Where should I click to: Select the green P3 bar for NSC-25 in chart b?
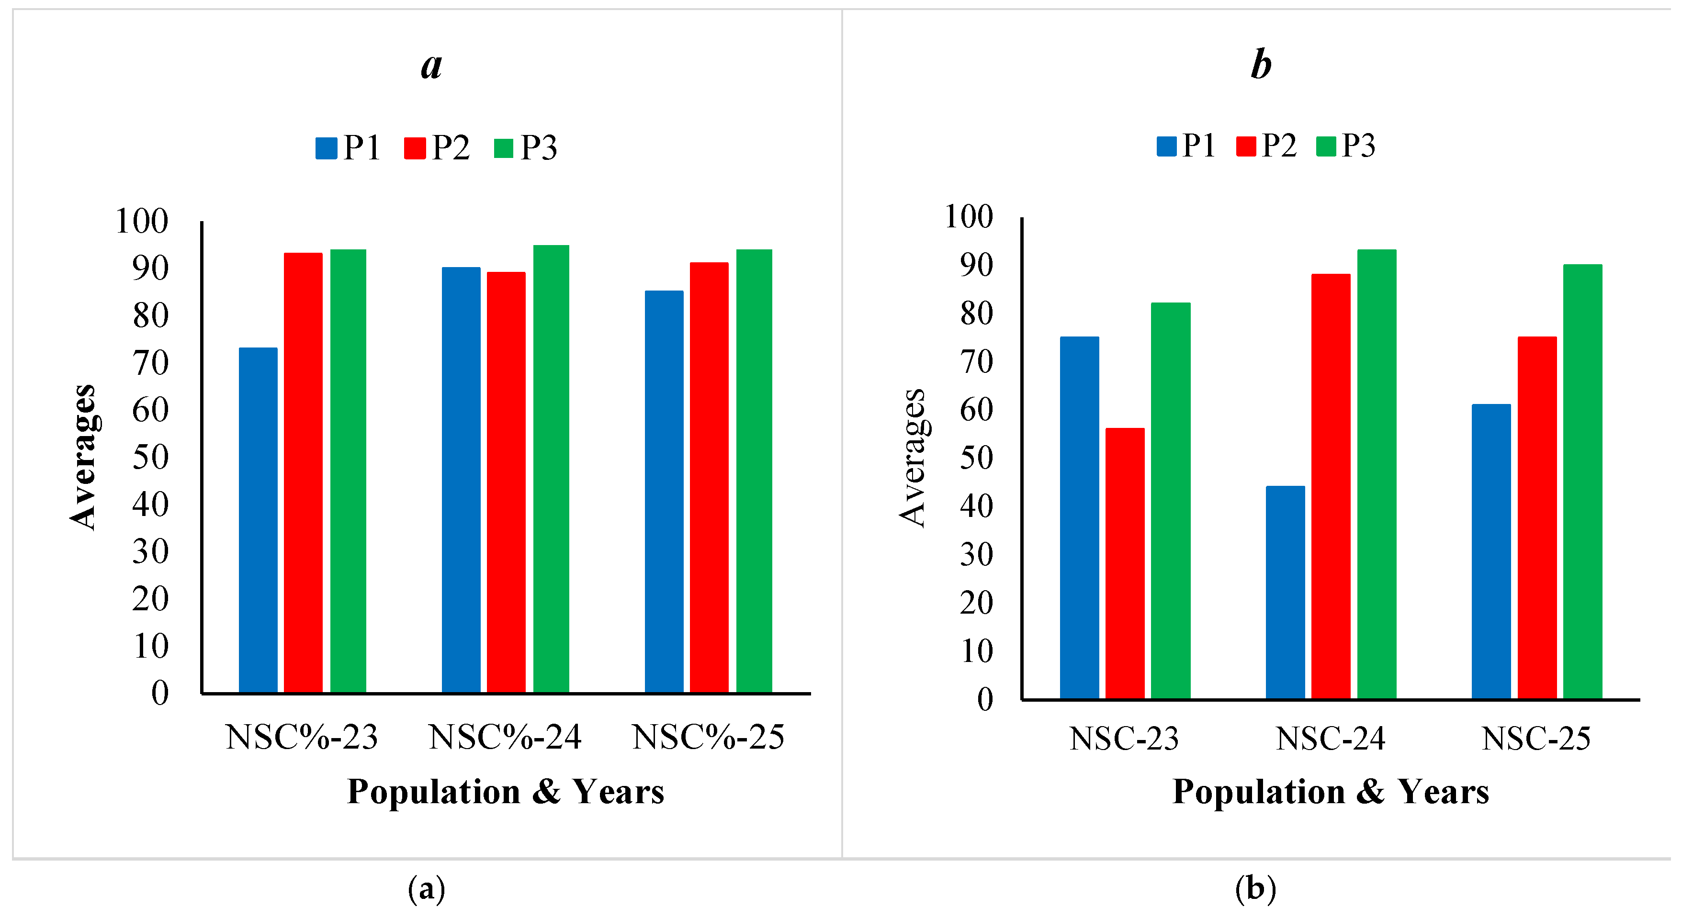(1582, 482)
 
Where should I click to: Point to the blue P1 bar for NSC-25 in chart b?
(1490, 551)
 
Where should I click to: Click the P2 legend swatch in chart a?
(415, 148)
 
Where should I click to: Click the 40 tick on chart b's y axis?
(976, 506)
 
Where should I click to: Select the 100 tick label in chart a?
(142, 222)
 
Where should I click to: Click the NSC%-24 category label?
(505, 737)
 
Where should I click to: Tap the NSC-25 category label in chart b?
(1536, 739)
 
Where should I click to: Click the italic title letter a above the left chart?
(432, 66)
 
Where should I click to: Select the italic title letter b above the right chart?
(1261, 64)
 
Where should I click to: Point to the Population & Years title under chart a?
(506, 792)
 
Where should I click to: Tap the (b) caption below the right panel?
(1255, 889)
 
